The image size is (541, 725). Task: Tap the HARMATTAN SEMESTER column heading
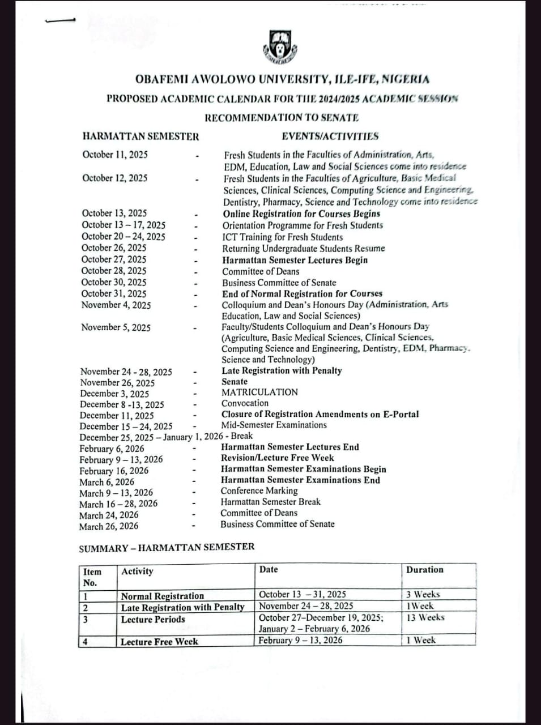pyautogui.click(x=140, y=136)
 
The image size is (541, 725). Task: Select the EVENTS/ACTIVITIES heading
pyautogui.click(x=330, y=136)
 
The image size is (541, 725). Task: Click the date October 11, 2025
pyautogui.click(x=115, y=154)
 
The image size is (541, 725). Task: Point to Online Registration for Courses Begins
pyautogui.click(x=301, y=214)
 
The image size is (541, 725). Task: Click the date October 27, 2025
pyautogui.click(x=114, y=259)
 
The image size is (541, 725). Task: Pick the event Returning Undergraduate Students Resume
pyautogui.click(x=303, y=248)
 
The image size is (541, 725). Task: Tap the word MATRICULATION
pyautogui.click(x=259, y=392)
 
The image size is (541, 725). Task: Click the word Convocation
pyautogui.click(x=245, y=403)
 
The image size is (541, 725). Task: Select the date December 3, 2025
pyautogui.click(x=114, y=394)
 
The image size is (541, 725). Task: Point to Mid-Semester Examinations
pyautogui.click(x=274, y=425)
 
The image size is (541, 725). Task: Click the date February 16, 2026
pyautogui.click(x=114, y=471)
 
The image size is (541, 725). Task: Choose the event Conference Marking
pyautogui.click(x=259, y=491)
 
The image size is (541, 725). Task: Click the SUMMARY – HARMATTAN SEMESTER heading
pyautogui.click(x=167, y=547)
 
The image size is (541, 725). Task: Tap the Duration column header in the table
pyautogui.click(x=424, y=570)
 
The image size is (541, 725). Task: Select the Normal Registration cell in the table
pyautogui.click(x=162, y=596)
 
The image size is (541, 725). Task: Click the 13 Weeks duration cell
pyautogui.click(x=425, y=617)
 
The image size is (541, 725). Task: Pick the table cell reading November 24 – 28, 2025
pyautogui.click(x=306, y=606)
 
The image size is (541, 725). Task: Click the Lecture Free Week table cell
pyautogui.click(x=159, y=642)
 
